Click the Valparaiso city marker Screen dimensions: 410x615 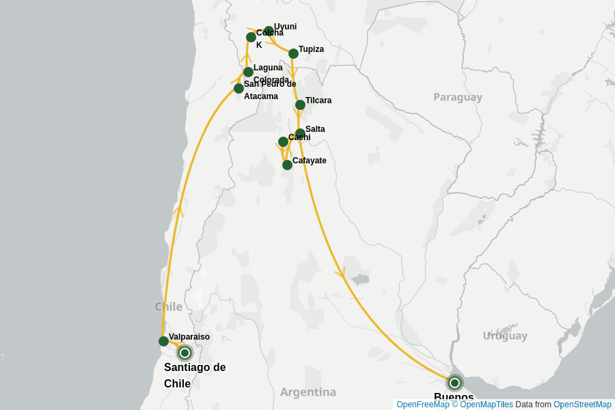(163, 341)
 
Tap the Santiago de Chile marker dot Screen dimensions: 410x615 (184, 353)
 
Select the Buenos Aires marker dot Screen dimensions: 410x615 (454, 383)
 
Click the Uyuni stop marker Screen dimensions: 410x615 (269, 31)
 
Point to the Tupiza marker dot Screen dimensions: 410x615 (293, 53)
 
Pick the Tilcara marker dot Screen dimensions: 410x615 (300, 105)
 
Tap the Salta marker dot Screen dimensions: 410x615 (300, 133)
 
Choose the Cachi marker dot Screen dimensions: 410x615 (283, 141)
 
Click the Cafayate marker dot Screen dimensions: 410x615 (287, 165)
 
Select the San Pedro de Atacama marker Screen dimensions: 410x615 (238, 88)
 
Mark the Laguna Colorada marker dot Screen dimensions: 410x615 (248, 72)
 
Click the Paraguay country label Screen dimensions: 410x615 (458, 97)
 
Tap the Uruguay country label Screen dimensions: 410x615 (505, 336)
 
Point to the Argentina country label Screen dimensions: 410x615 (307, 392)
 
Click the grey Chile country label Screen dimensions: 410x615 (169, 306)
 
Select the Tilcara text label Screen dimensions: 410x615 (318, 100)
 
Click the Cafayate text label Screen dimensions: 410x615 (310, 161)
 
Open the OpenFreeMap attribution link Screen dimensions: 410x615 (423, 405)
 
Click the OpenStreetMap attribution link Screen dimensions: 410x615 (582, 405)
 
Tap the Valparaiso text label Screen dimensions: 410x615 (189, 337)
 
